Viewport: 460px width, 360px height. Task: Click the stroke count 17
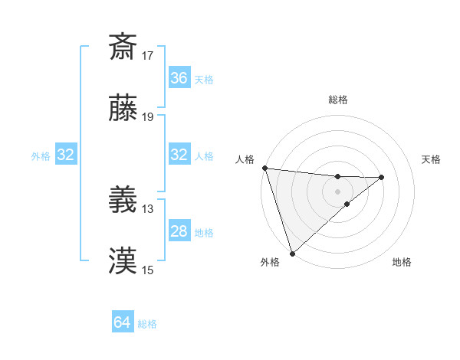point(148,56)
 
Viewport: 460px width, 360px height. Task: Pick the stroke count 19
point(148,117)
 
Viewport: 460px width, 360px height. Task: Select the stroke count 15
point(148,270)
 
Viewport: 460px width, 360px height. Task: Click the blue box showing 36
point(179,78)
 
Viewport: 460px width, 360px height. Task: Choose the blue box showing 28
point(179,231)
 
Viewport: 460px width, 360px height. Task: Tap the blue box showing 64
point(123,322)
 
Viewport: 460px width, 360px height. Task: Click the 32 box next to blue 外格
point(66,155)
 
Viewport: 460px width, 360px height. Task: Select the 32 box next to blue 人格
point(179,155)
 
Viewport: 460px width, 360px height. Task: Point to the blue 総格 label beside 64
point(148,324)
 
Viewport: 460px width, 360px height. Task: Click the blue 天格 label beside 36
point(204,79)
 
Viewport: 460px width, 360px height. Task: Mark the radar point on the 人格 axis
point(264,168)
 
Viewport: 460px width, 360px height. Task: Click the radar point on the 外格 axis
point(292,253)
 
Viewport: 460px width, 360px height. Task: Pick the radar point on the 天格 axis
point(382,177)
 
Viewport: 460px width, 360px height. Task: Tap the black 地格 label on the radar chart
point(402,263)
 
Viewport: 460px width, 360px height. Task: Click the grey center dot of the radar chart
point(337,191)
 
